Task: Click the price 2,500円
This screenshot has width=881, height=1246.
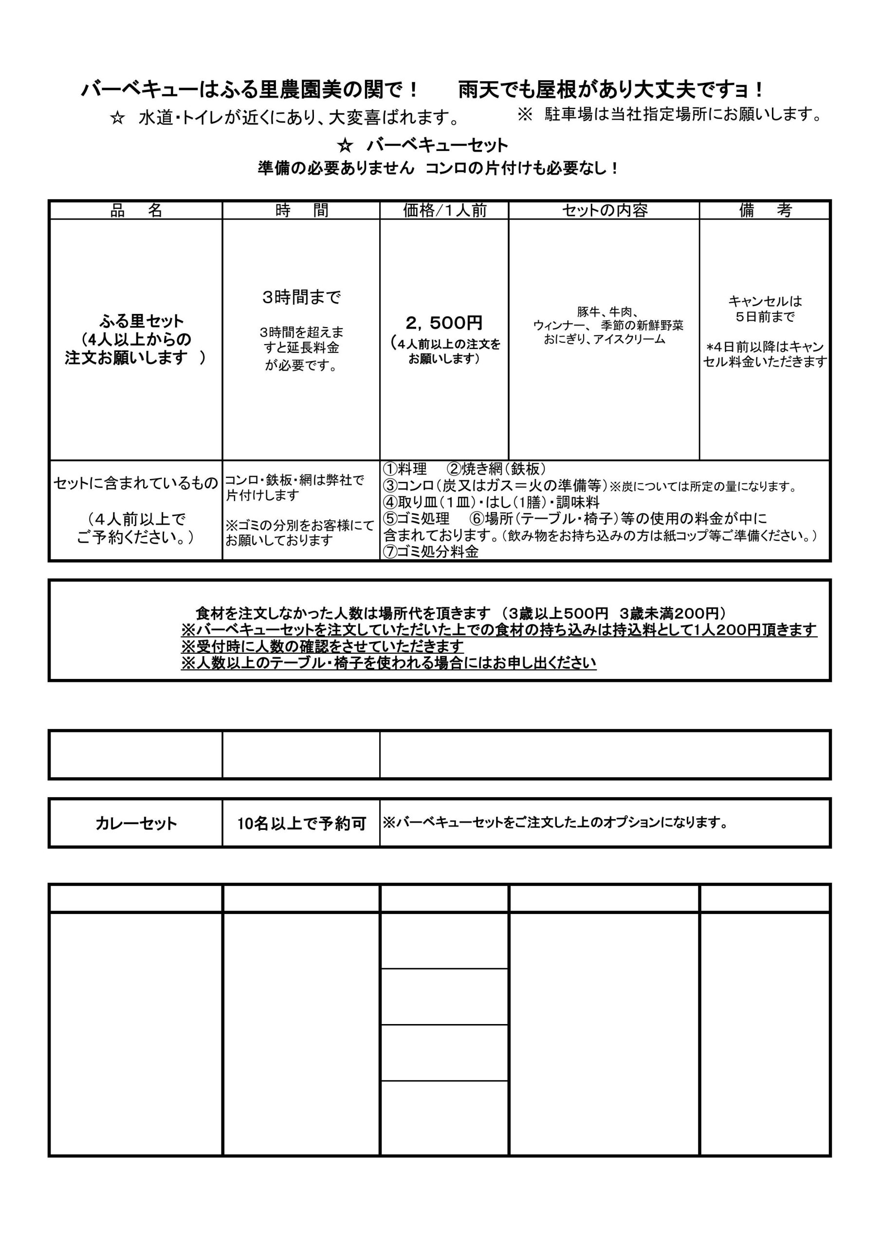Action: pos(444,323)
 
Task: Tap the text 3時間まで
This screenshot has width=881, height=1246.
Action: pos(301,297)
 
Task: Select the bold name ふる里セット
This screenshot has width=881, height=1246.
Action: pos(141,321)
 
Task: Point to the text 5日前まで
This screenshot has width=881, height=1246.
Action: pos(765,317)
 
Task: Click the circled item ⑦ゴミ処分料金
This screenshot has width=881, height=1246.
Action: pos(432,552)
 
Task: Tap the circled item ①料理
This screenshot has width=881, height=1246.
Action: pos(405,469)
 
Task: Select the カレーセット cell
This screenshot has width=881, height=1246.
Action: pos(136,823)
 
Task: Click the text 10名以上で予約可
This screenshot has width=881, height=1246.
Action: pos(301,823)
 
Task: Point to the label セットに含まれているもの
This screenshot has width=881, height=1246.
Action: pos(136,483)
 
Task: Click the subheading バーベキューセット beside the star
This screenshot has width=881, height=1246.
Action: pos(437,146)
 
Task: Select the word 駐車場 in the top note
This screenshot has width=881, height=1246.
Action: pos(569,114)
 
